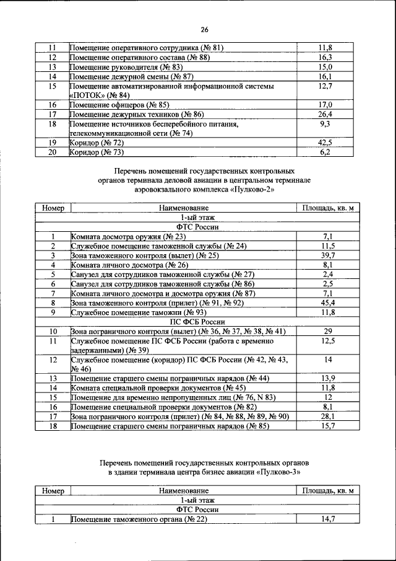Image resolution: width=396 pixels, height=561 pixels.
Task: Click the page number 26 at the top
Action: coord(204,29)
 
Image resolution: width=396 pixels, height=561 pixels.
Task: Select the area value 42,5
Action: coord(325,143)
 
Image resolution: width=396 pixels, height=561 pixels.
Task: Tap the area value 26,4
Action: coord(325,115)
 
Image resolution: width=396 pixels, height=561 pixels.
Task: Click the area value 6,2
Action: coord(325,152)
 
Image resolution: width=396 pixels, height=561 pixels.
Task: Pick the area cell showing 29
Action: coord(328,332)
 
